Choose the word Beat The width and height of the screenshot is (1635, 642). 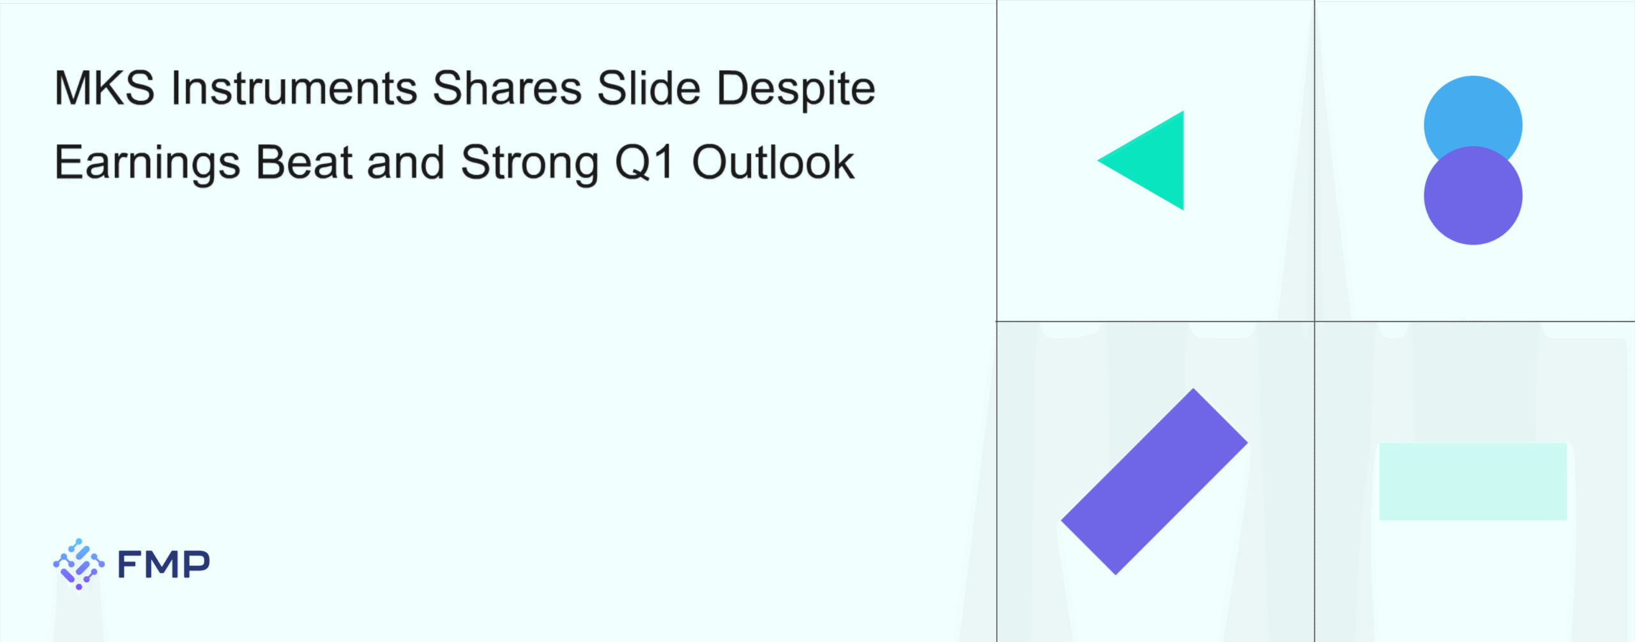click(304, 162)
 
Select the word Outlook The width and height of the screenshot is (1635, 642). click(773, 162)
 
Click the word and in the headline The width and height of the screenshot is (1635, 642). click(406, 162)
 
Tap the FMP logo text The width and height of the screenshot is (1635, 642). click(163, 564)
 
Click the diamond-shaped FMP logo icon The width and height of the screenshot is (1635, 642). click(79, 564)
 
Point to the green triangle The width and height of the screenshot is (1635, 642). click(1154, 160)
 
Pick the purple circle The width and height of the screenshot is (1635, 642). click(1473, 195)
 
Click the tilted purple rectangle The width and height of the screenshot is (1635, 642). click(1154, 482)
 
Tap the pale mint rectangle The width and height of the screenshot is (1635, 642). click(1473, 482)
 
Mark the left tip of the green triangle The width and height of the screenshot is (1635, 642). click(1097, 160)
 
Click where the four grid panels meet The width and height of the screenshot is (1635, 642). click(1314, 321)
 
